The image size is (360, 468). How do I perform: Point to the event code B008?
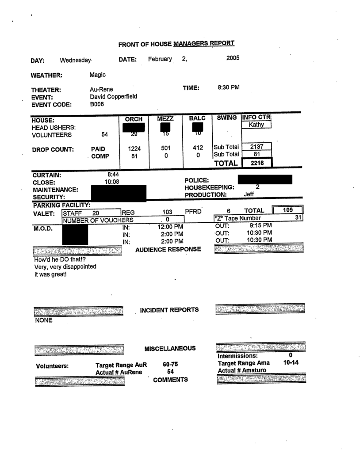[x=97, y=103]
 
